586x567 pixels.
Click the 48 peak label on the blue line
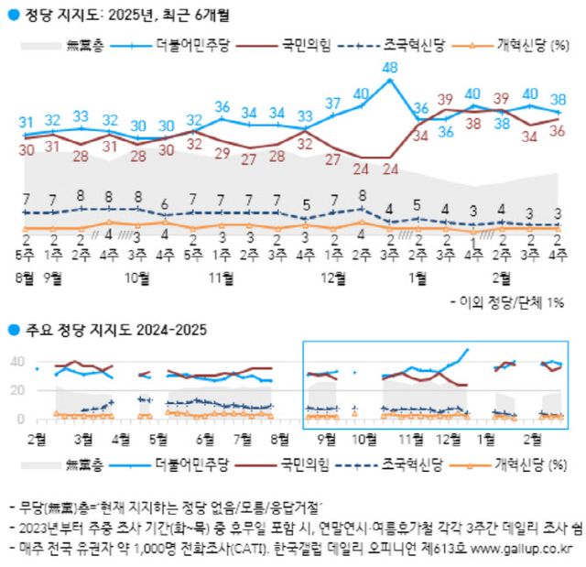click(x=389, y=69)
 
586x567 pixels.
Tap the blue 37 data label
click(x=333, y=104)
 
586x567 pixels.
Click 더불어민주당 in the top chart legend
click(x=190, y=43)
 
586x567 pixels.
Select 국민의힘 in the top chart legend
click(x=305, y=43)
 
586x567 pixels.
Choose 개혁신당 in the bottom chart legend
click(x=513, y=463)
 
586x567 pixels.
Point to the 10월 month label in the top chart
click(x=137, y=276)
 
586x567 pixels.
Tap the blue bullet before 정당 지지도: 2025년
click(x=12, y=16)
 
